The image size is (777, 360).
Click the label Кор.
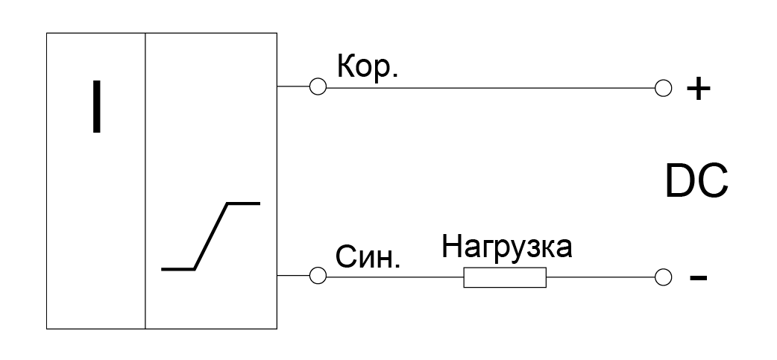click(x=367, y=66)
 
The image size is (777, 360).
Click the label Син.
click(x=368, y=257)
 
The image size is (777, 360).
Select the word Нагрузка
click(x=506, y=247)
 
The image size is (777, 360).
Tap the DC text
click(x=696, y=182)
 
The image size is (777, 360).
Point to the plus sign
click(x=698, y=89)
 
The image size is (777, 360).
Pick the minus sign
click(x=698, y=278)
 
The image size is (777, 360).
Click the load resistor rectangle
click(x=505, y=277)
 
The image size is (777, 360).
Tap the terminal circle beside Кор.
click(x=318, y=86)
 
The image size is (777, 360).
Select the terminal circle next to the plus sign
click(x=663, y=88)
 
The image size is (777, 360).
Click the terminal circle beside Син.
click(x=318, y=275)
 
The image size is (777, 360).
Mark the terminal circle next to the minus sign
click(x=663, y=277)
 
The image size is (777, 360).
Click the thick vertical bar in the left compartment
click(x=97, y=107)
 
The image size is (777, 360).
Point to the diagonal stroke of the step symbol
click(x=210, y=236)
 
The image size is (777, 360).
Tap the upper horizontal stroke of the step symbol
click(x=243, y=203)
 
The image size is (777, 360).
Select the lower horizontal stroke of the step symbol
click(x=178, y=269)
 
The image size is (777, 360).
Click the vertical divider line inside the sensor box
click(x=145, y=180)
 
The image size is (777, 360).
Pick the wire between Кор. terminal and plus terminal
click(x=491, y=88)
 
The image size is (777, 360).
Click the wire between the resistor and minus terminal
click(x=600, y=277)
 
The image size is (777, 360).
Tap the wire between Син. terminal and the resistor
click(x=395, y=277)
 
